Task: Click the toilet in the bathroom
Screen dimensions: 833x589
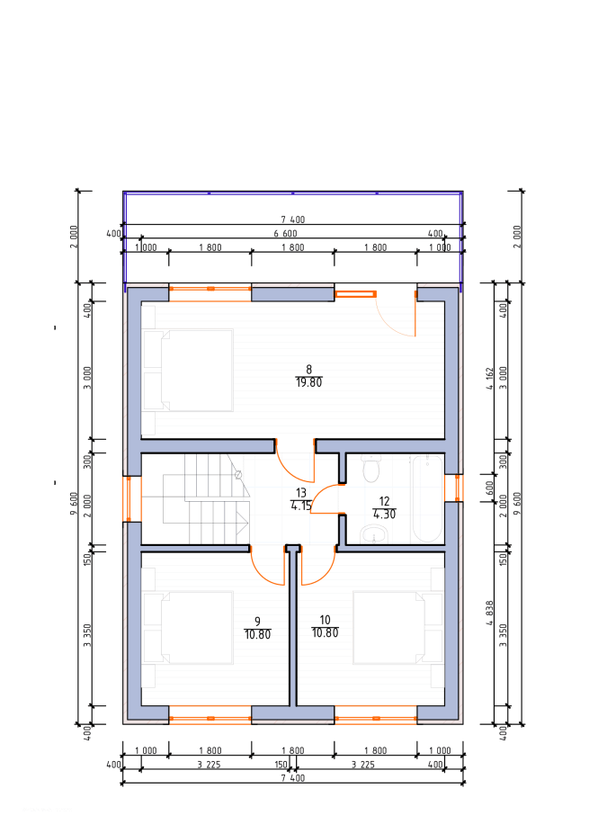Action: click(x=371, y=468)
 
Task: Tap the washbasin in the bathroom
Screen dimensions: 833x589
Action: click(x=374, y=533)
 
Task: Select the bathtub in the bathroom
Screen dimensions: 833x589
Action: click(x=426, y=497)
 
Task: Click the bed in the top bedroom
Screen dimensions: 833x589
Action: click(x=189, y=370)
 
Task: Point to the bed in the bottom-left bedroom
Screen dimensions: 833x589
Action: click(x=189, y=627)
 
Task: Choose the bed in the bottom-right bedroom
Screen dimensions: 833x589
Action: click(x=397, y=627)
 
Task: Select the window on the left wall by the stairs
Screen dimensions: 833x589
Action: click(x=131, y=498)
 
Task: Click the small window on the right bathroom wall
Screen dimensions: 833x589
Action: click(x=454, y=488)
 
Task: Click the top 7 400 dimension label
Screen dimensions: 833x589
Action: click(x=292, y=219)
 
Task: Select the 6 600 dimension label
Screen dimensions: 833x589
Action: click(x=286, y=234)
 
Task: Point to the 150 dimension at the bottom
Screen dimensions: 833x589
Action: click(x=281, y=765)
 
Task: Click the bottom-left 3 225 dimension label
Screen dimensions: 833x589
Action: click(x=209, y=765)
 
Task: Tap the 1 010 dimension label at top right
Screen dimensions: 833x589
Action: click(x=440, y=247)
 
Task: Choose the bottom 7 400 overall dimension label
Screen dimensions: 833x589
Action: click(x=292, y=778)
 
